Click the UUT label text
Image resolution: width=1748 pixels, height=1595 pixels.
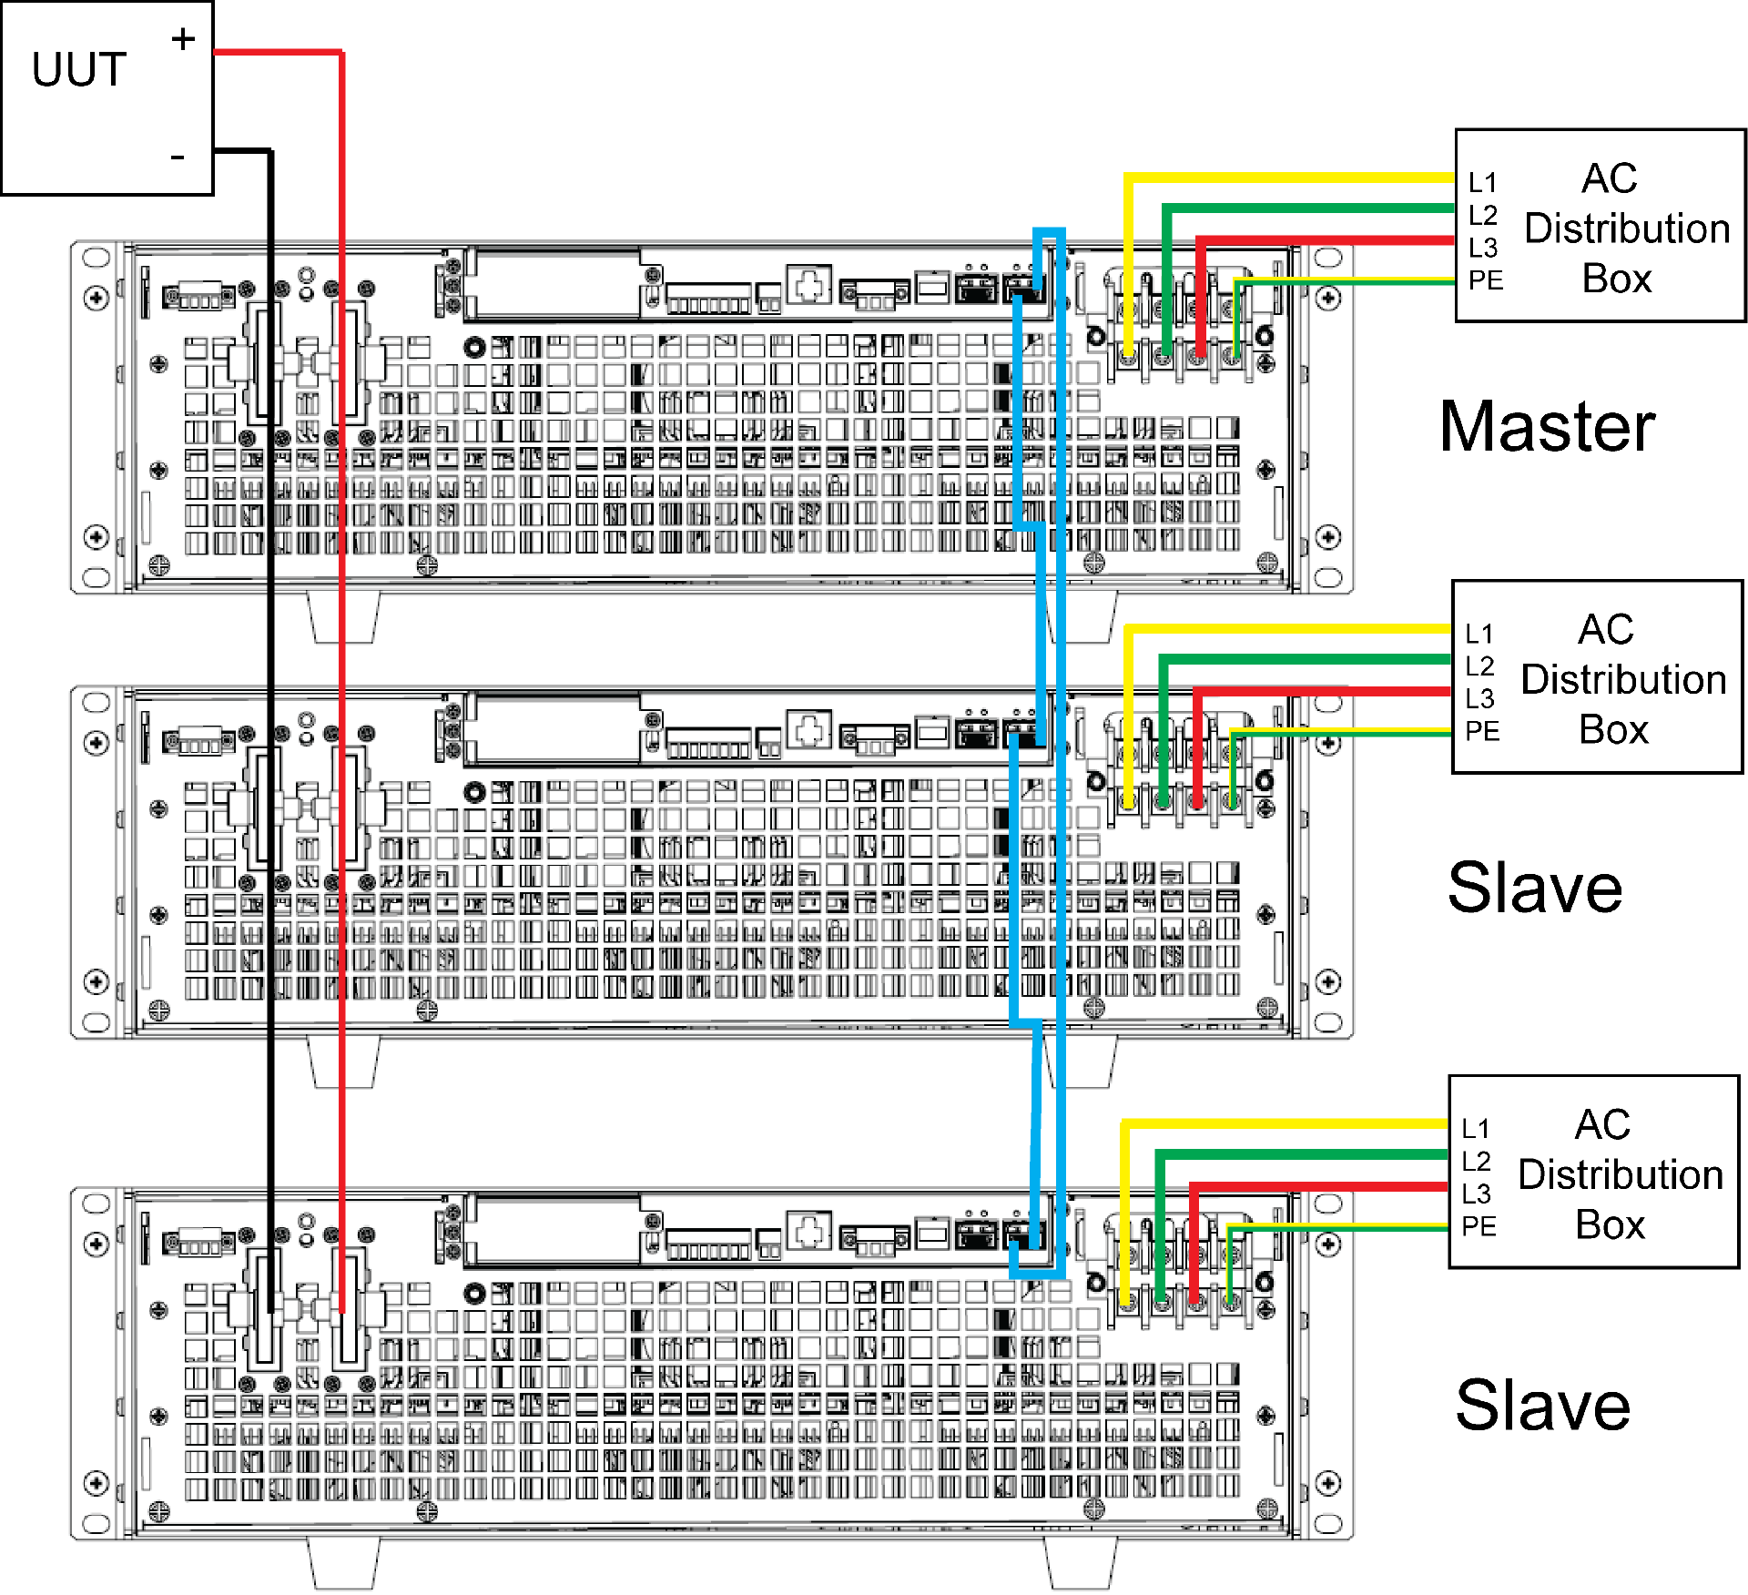[x=79, y=70]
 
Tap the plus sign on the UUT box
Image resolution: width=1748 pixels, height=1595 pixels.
[x=183, y=39]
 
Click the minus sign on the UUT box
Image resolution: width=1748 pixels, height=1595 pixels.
[x=178, y=157]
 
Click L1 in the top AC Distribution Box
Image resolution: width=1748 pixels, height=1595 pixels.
[x=1483, y=183]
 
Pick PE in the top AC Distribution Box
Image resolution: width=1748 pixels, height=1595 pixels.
[x=1486, y=280]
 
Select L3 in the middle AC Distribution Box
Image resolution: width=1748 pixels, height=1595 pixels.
[x=1480, y=699]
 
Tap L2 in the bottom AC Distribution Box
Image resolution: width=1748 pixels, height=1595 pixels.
[x=1477, y=1162]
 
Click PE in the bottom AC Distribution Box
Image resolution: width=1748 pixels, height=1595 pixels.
[x=1479, y=1226]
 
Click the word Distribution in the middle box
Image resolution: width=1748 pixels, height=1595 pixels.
[x=1623, y=679]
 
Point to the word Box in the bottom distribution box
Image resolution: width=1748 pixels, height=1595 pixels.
[x=1610, y=1224]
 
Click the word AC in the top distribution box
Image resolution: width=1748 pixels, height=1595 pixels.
[x=1609, y=178]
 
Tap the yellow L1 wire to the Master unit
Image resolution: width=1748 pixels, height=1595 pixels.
[x=1275, y=178]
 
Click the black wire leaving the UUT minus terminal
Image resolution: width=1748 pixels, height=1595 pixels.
[x=270, y=637]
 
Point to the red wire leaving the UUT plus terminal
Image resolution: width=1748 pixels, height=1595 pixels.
[x=341, y=637]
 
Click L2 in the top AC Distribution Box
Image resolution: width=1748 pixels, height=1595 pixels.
[x=1483, y=215]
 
